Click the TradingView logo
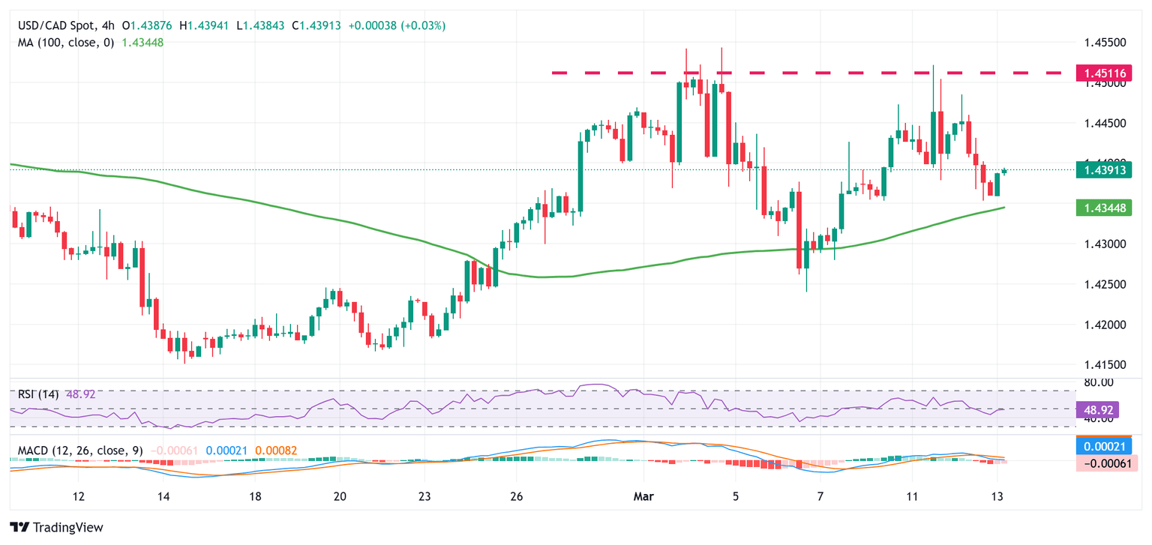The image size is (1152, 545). pyautogui.click(x=56, y=527)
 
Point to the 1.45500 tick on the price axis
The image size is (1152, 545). pyautogui.click(x=1105, y=43)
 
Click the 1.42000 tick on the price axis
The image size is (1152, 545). pyautogui.click(x=1105, y=325)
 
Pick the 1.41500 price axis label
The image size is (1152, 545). pyautogui.click(x=1105, y=365)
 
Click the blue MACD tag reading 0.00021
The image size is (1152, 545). pyautogui.click(x=1102, y=446)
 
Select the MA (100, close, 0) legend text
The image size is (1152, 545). pyautogui.click(x=66, y=43)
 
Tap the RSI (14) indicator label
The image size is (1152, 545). pyautogui.click(x=37, y=394)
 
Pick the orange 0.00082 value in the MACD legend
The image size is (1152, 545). pyautogui.click(x=276, y=451)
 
